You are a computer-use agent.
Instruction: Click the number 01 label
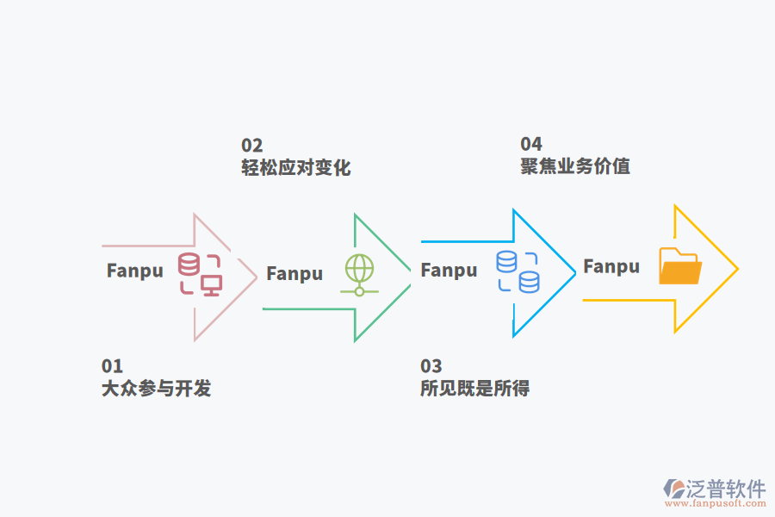point(112,366)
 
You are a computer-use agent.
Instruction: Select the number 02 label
point(251,146)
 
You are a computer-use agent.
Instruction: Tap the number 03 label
point(431,366)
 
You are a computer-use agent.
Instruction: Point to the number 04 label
point(531,144)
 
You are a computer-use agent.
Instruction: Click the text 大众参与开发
point(156,389)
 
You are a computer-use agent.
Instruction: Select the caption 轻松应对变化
point(295,168)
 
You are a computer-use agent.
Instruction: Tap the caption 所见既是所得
point(474,389)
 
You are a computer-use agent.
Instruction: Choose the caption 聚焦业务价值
point(575,166)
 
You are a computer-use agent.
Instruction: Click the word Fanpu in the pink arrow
point(134,271)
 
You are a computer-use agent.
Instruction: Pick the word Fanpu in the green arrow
point(294,274)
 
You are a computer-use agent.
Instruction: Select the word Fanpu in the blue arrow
point(449,271)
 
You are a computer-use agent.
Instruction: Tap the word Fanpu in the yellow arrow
point(611,267)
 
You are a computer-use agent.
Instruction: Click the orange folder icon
point(679,266)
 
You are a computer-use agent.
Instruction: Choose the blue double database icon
point(518,271)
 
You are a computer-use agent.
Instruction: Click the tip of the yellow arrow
point(737,269)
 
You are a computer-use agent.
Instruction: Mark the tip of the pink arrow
point(257,277)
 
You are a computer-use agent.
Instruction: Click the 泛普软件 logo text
point(726,489)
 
